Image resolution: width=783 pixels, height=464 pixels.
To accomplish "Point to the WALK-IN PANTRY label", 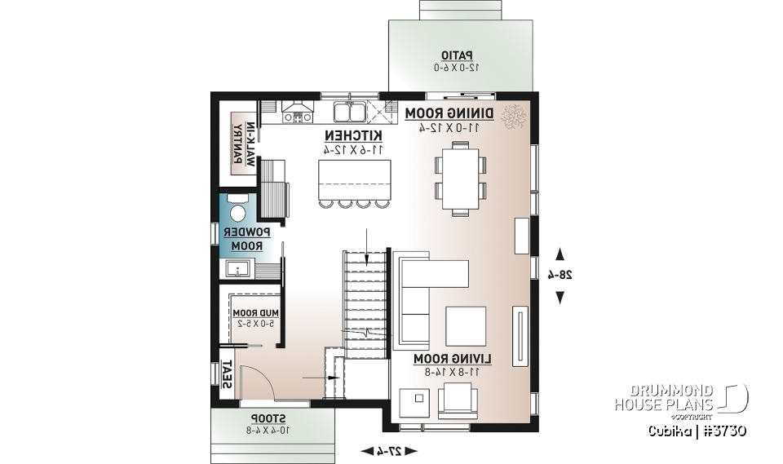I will (244, 143).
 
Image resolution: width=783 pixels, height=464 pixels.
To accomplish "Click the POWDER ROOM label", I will (246, 239).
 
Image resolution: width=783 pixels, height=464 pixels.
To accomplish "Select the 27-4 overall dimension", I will (388, 450).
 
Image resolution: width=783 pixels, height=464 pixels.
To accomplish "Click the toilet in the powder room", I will (237, 210).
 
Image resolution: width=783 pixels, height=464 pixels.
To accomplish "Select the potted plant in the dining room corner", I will (514, 118).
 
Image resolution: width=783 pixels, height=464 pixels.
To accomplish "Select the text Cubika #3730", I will (698, 430).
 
